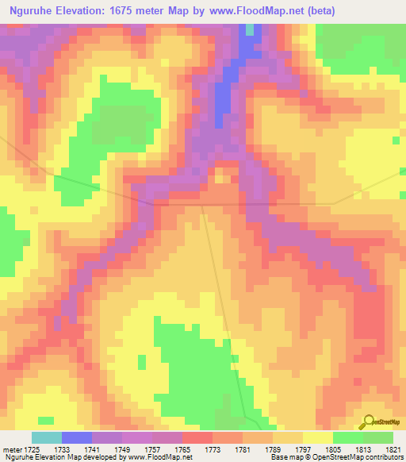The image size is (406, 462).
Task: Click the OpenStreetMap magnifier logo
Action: click(369, 423)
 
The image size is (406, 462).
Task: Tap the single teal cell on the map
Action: click(251, 29)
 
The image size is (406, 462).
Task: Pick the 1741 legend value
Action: click(92, 448)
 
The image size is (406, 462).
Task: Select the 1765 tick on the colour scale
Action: click(182, 448)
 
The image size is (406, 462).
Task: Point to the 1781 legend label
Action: click(243, 448)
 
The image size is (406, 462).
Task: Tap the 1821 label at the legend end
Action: click(393, 448)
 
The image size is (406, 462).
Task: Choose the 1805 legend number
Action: click(333, 448)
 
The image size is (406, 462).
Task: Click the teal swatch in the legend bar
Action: click(47, 437)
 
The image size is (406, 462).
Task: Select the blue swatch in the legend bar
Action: click(77, 437)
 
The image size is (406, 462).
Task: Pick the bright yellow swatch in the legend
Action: click(318, 437)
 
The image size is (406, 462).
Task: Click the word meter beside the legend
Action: click(11, 448)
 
